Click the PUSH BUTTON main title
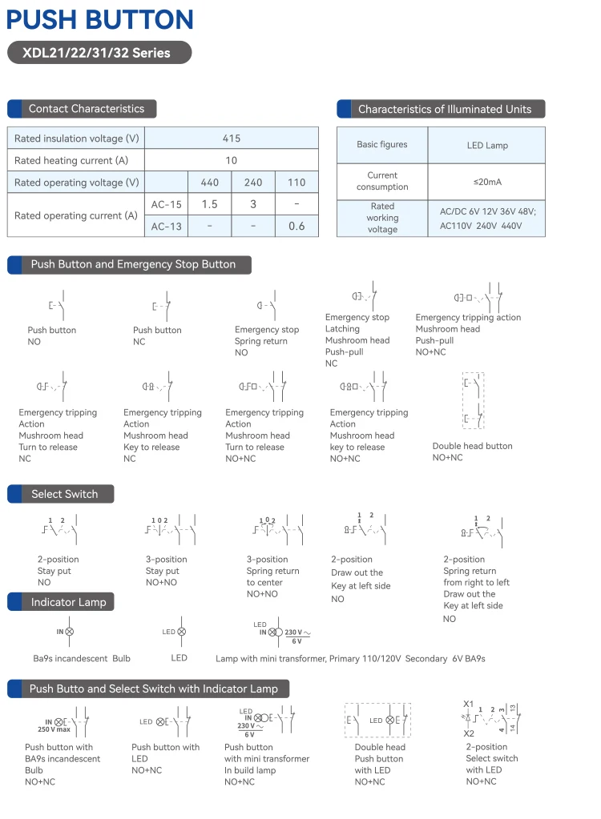(100, 19)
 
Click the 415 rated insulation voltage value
(232, 139)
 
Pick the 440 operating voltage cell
(209, 183)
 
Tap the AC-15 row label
(167, 204)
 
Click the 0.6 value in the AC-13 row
(296, 226)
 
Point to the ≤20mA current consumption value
(487, 182)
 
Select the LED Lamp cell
(487, 146)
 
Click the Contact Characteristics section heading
(87, 109)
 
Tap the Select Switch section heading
(64, 494)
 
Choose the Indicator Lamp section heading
(68, 602)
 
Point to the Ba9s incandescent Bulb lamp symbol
(70, 632)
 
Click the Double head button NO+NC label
(448, 458)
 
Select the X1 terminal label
(469, 704)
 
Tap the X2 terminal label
(469, 733)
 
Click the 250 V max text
(54, 729)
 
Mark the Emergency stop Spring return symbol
(268, 305)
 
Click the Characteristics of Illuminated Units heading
(444, 109)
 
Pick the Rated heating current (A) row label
(71, 161)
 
